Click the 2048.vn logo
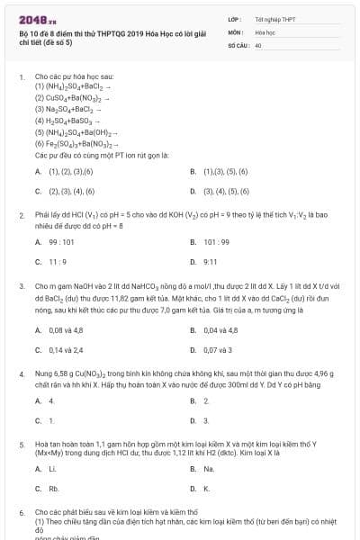point(37,17)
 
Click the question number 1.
point(20,77)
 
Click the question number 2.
point(20,216)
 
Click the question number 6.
point(20,512)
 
